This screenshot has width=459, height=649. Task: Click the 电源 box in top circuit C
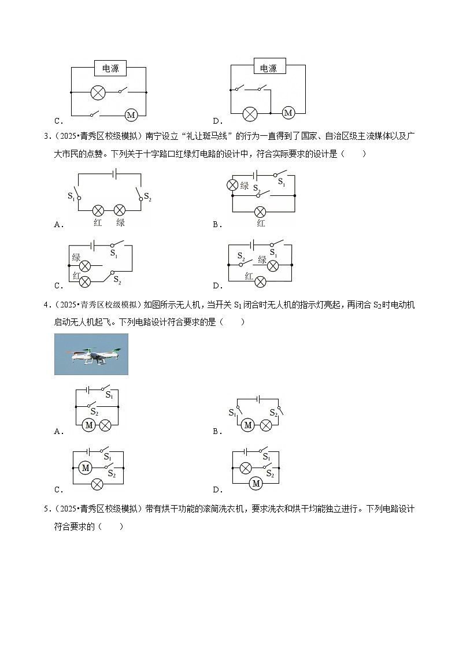(x=110, y=68)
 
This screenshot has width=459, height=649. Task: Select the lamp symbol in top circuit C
(x=98, y=92)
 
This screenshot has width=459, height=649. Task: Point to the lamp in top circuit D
(x=250, y=113)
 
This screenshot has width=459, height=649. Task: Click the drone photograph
(x=91, y=354)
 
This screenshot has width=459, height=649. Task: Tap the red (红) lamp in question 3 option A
(x=98, y=210)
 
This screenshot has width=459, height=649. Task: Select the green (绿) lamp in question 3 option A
(x=120, y=210)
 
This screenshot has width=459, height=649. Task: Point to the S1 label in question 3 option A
(x=72, y=195)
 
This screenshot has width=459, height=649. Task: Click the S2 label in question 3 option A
(x=147, y=195)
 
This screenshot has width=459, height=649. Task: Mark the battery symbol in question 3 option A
(x=115, y=173)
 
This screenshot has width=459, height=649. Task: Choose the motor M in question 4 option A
(x=88, y=425)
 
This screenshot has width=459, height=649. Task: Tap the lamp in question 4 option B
(x=265, y=425)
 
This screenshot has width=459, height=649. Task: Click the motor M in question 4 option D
(x=255, y=483)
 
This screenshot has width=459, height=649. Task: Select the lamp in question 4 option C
(x=98, y=483)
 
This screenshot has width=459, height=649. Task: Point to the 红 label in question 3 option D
(x=249, y=277)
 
